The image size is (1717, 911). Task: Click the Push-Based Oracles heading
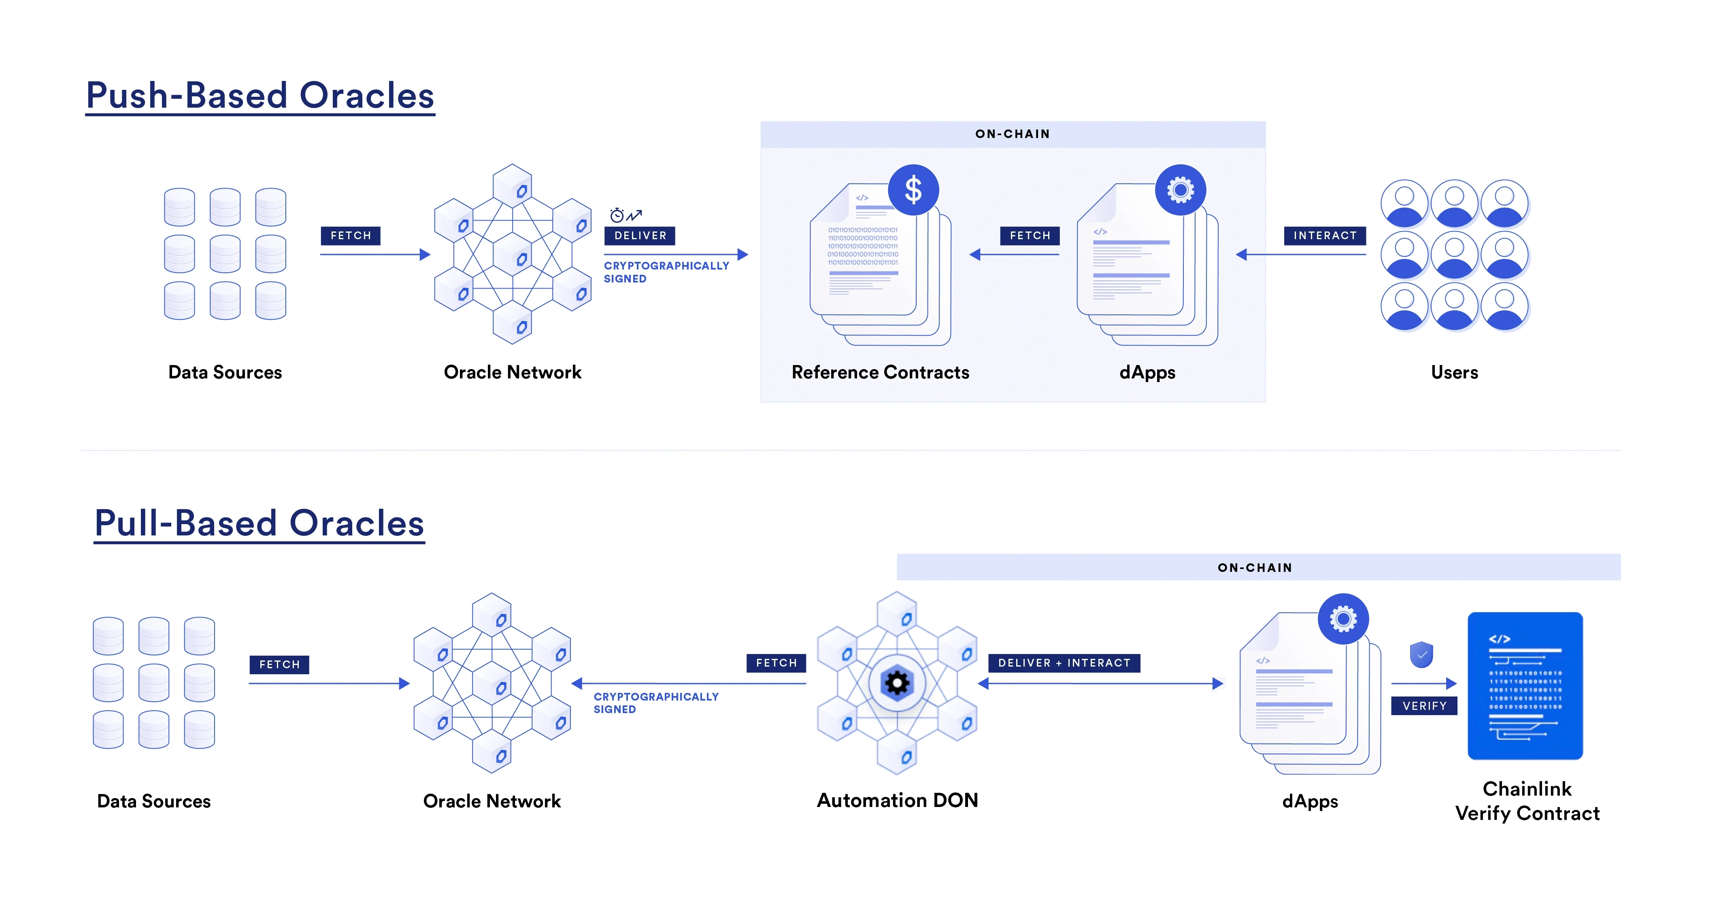coord(260,95)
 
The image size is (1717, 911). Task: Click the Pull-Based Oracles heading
coord(259,523)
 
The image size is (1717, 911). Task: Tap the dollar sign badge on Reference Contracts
coord(913,190)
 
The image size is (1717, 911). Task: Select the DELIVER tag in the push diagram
coord(640,235)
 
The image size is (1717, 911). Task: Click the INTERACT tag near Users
coord(1324,235)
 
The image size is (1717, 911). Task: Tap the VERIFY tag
coord(1424,706)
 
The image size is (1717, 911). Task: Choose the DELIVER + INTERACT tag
coord(1064,663)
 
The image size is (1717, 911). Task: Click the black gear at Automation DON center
coord(897,683)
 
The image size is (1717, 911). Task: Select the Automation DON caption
coord(897,801)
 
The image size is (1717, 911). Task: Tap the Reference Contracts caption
coord(880,372)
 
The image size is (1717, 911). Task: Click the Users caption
coord(1454,372)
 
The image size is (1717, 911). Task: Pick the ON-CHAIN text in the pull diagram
coord(1254,568)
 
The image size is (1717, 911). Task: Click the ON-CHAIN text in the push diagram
coord(1013,134)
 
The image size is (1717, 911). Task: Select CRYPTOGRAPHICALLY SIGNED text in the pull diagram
coord(656,703)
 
